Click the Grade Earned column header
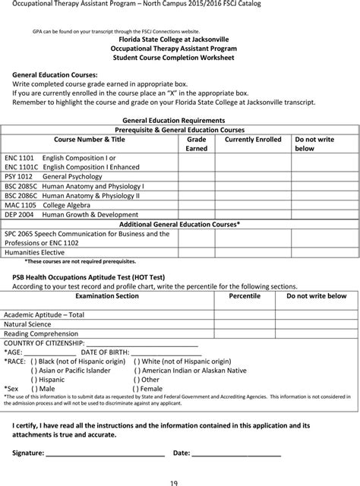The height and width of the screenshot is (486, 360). (x=197, y=144)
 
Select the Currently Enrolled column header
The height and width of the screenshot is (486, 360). (x=253, y=140)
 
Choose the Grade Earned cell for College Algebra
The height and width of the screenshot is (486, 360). (x=197, y=205)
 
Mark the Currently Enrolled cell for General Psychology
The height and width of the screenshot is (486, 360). (x=253, y=175)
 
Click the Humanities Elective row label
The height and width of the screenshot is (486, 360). (x=35, y=252)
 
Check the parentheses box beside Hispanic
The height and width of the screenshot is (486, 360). (x=34, y=379)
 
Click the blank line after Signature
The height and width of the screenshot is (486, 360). (x=106, y=454)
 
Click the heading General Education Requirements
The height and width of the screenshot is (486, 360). (x=173, y=120)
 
